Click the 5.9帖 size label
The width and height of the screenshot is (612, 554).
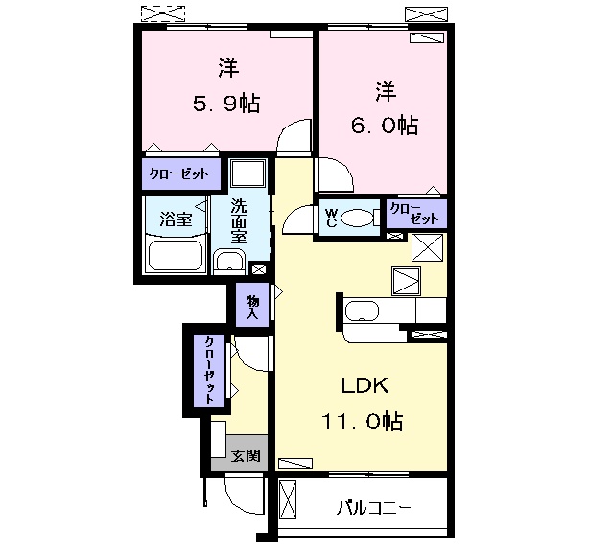(x=227, y=104)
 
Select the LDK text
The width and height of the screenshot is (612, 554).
(x=365, y=386)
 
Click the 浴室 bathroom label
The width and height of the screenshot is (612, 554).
(x=175, y=219)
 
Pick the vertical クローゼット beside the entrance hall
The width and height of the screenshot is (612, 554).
(x=209, y=371)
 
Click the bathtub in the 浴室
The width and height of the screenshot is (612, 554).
(x=175, y=256)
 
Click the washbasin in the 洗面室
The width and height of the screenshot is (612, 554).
(x=229, y=262)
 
